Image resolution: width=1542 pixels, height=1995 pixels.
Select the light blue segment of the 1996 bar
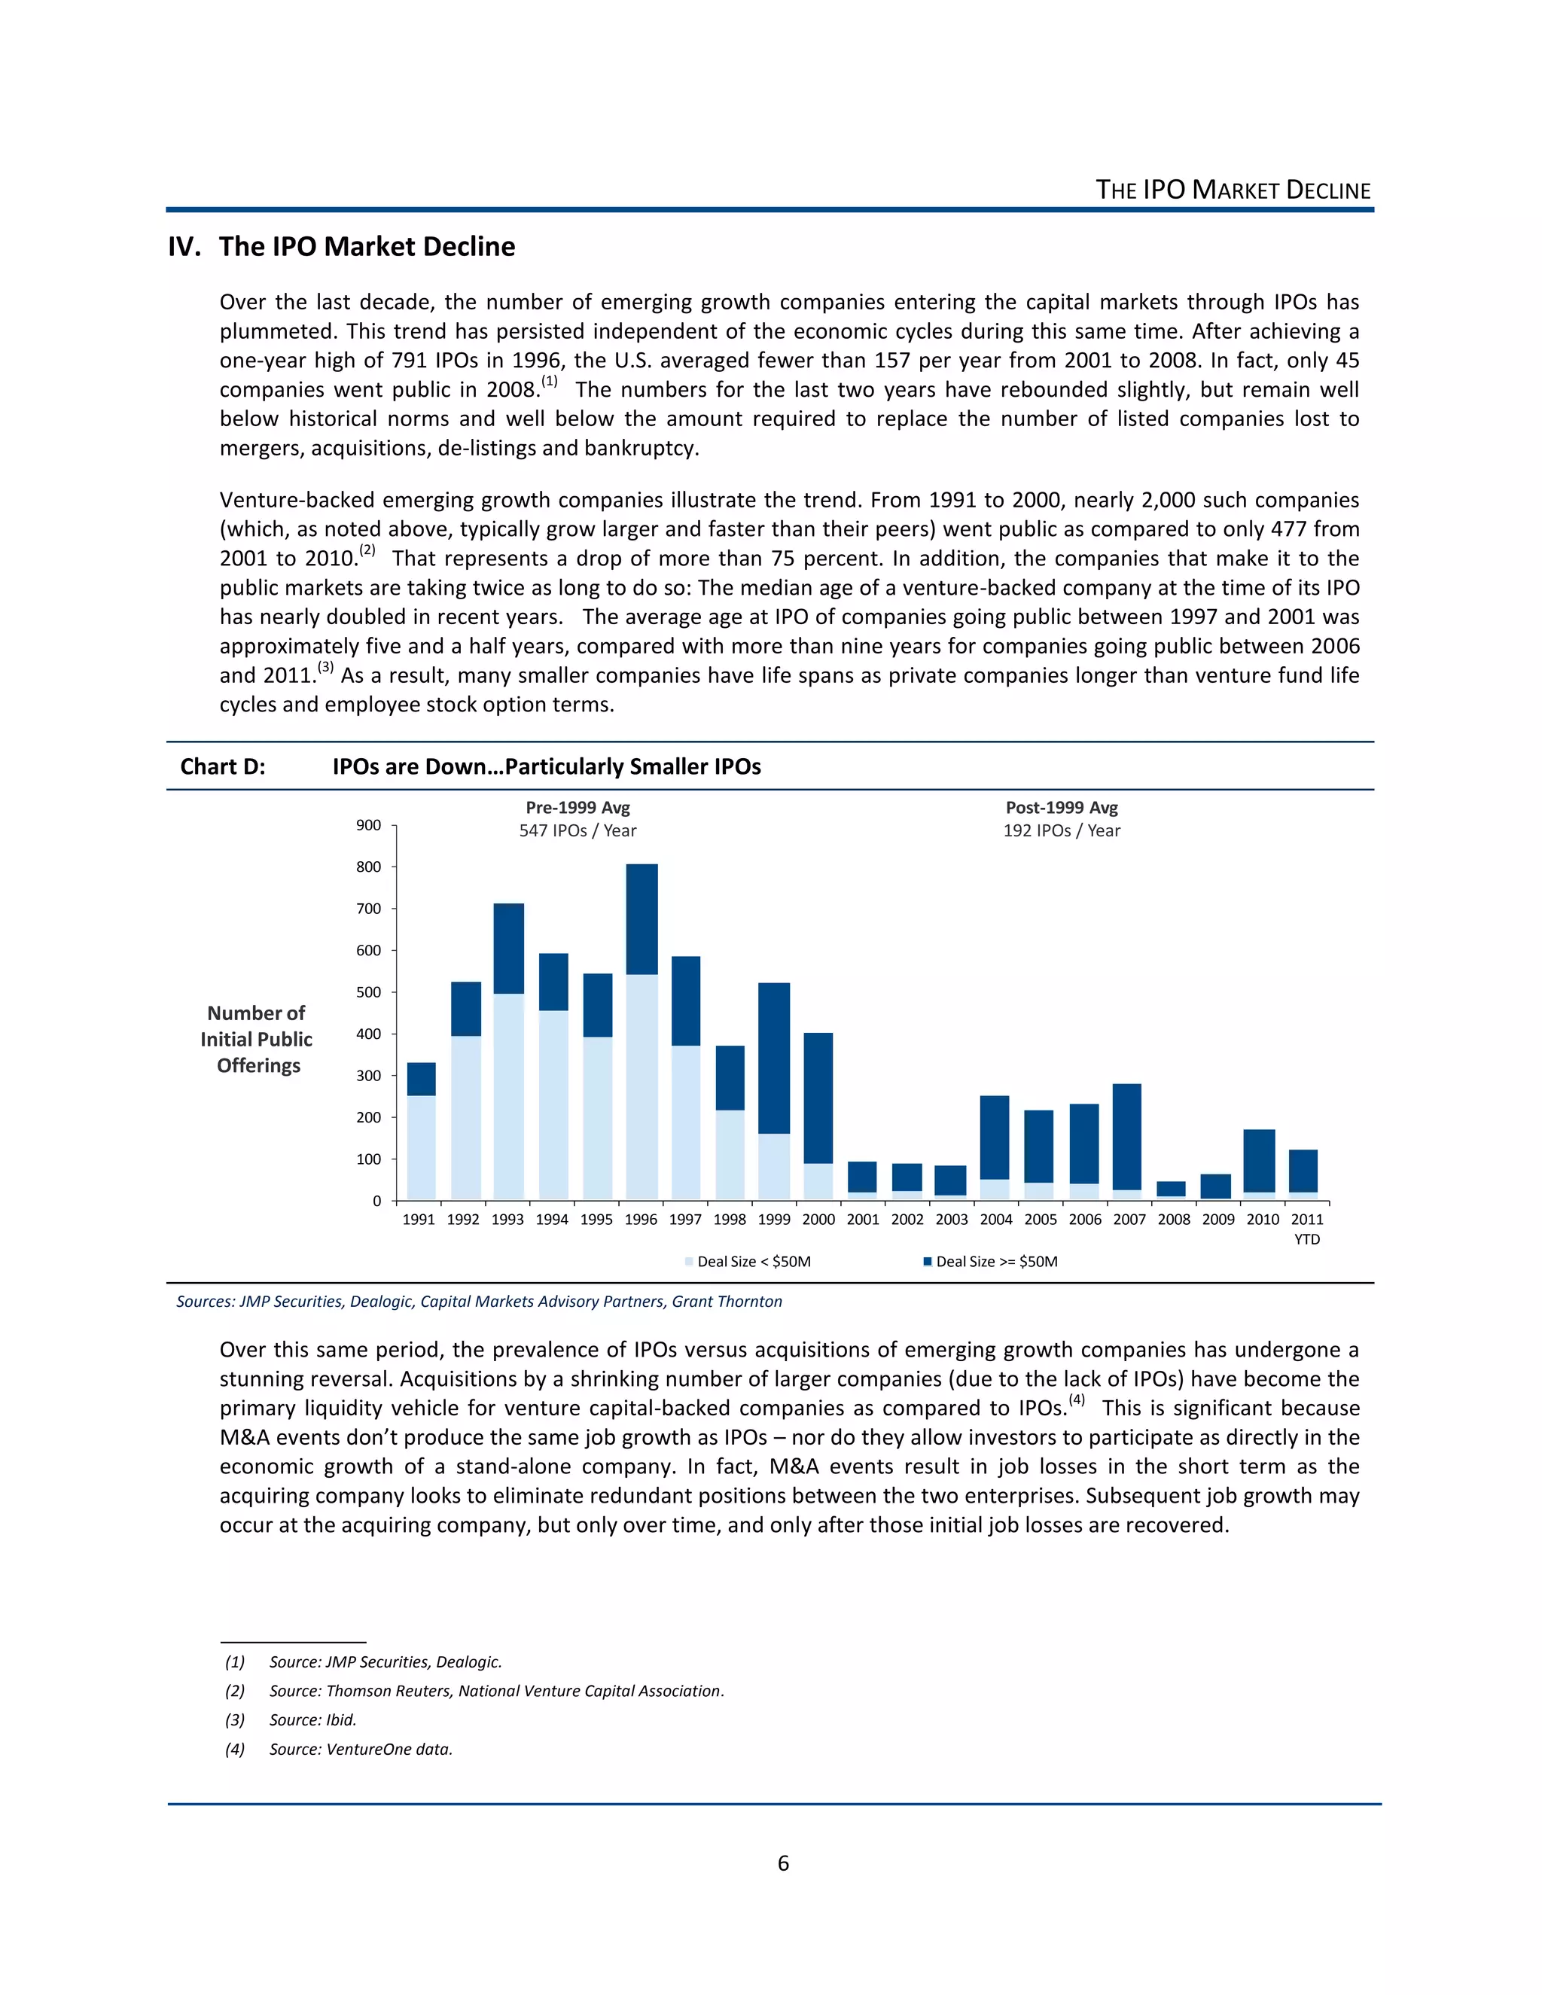641,1087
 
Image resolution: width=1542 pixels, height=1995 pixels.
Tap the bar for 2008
1171,1189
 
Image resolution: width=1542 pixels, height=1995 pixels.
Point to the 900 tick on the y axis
369,825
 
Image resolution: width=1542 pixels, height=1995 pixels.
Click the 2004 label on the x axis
995,1220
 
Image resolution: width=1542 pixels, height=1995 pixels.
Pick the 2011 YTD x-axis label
1306,1228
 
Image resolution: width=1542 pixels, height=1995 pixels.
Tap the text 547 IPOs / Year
577,830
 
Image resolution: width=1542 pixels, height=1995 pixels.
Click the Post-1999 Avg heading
1062,808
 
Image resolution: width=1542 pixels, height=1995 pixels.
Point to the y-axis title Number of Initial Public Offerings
258,1040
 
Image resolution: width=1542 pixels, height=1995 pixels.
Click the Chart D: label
222,766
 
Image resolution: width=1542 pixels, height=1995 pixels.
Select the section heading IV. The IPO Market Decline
342,247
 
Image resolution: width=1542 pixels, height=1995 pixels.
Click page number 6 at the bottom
783,1863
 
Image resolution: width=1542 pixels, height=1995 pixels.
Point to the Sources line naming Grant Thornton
479,1302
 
